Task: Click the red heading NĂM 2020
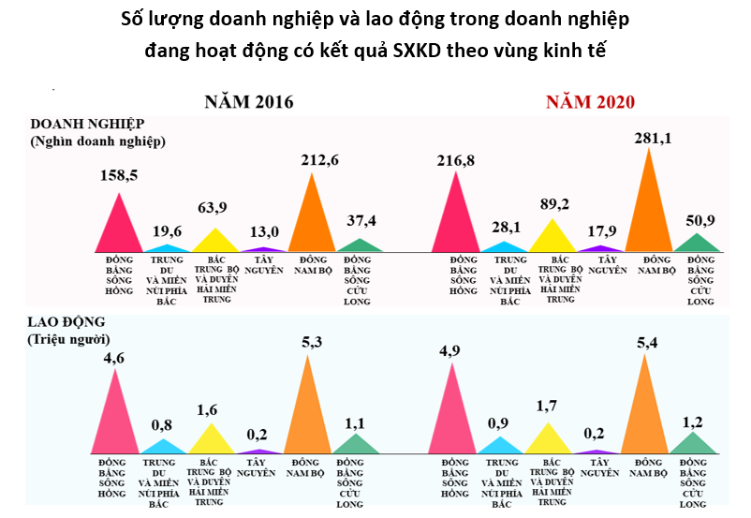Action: coord(591,102)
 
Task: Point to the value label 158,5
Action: coord(119,175)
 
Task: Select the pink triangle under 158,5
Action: coord(118,229)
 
